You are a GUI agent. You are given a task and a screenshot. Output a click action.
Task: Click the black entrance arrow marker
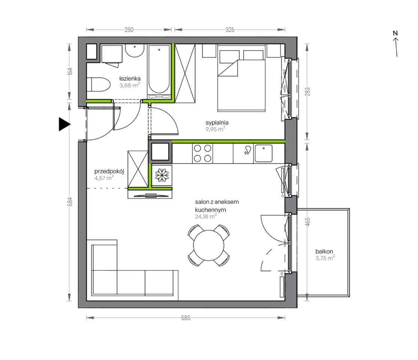click(64, 124)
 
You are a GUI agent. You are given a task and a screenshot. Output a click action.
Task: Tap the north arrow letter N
click(395, 33)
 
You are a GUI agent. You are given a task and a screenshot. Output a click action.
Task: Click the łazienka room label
click(130, 79)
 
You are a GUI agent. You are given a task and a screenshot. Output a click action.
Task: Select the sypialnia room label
click(217, 123)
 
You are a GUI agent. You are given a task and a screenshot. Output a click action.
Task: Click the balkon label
click(324, 252)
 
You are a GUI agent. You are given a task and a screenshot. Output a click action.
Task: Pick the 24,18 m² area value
click(206, 216)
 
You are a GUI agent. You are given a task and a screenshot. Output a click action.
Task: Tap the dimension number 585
click(186, 318)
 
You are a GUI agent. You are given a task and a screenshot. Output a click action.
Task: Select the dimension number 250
click(129, 30)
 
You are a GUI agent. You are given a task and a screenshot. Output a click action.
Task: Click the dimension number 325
click(230, 30)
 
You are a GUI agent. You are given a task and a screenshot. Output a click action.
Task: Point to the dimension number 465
click(308, 222)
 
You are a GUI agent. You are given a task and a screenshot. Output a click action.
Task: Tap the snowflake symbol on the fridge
click(162, 175)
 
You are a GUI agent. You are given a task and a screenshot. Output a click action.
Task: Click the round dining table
click(209, 245)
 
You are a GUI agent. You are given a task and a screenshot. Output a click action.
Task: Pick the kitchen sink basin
click(264, 153)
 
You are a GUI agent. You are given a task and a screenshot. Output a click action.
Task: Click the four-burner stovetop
click(202, 153)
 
